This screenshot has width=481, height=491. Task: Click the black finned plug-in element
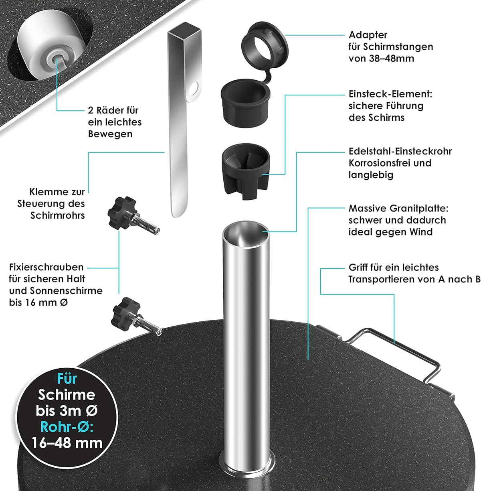click(x=246, y=171)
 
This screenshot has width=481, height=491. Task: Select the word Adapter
click(x=368, y=35)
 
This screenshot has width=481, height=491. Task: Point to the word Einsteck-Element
click(x=390, y=94)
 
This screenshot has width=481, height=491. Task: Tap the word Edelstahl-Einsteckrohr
click(x=400, y=151)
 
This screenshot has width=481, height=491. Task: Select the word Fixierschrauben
click(x=46, y=267)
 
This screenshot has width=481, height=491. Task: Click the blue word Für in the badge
click(x=67, y=379)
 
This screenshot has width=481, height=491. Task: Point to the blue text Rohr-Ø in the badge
click(x=67, y=427)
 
